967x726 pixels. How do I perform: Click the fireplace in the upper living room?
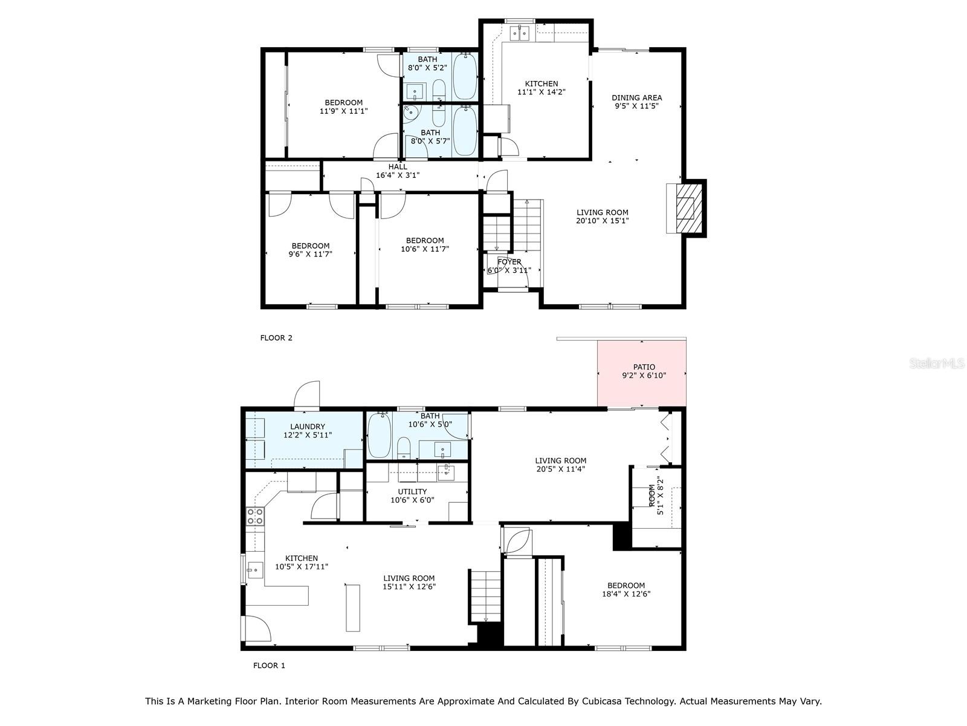point(685,208)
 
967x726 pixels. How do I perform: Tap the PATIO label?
point(644,367)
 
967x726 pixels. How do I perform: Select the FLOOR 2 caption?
point(276,338)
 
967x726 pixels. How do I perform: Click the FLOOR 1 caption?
point(269,665)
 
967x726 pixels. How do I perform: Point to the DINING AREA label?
point(636,97)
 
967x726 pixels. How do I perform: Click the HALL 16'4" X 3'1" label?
point(398,171)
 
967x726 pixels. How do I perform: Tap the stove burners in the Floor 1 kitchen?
point(255,516)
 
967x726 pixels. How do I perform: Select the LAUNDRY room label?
point(308,427)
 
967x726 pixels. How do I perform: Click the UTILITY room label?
point(412,491)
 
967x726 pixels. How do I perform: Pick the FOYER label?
point(509,262)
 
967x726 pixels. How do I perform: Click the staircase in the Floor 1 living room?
point(486,596)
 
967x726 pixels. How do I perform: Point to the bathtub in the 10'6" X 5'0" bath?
point(380,436)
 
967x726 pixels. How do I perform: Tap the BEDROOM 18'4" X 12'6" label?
point(626,585)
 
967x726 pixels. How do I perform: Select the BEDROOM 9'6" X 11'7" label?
point(310,246)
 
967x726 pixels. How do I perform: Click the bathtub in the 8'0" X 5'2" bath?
point(465,76)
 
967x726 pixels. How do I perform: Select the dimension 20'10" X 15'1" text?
point(602,221)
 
